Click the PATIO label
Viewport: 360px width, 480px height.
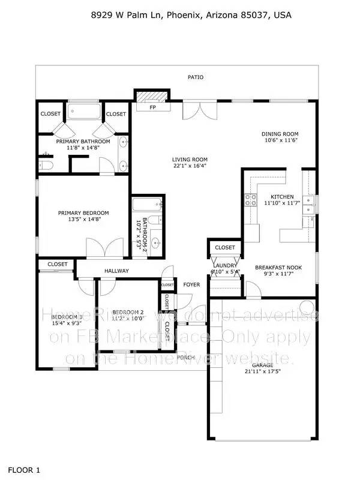tap(196, 77)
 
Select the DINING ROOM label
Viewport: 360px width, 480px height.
tap(280, 134)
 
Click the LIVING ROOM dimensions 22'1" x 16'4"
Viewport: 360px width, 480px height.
tap(190, 166)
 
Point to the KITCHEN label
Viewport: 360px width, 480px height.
tap(281, 197)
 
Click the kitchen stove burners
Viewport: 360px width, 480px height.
tap(249, 200)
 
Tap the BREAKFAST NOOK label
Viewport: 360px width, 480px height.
tap(278, 268)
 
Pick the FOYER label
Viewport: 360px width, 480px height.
tap(191, 284)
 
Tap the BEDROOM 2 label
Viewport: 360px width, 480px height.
tap(128, 311)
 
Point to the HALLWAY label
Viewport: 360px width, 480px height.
tap(116, 271)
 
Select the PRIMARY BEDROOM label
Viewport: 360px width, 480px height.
tap(83, 212)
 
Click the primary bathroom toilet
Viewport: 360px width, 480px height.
tap(47, 164)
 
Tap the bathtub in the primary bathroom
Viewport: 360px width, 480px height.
tap(86, 112)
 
